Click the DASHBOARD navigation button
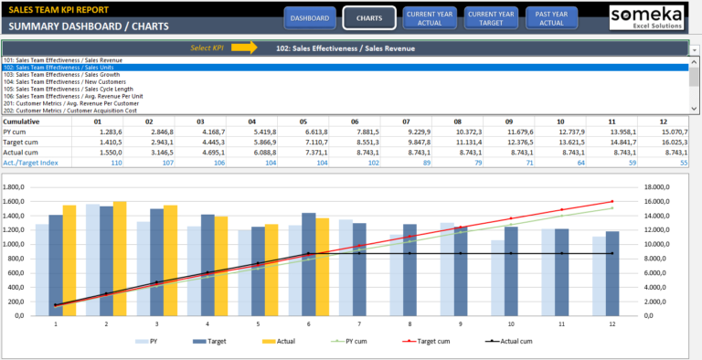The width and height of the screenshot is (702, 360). click(x=311, y=18)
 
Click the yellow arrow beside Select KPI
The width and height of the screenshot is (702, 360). click(x=243, y=47)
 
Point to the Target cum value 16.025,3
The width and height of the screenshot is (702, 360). click(x=675, y=143)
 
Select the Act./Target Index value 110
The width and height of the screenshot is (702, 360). click(x=116, y=163)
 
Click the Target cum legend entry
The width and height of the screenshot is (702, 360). click(x=421, y=342)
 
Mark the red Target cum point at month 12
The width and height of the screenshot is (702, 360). click(x=612, y=201)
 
